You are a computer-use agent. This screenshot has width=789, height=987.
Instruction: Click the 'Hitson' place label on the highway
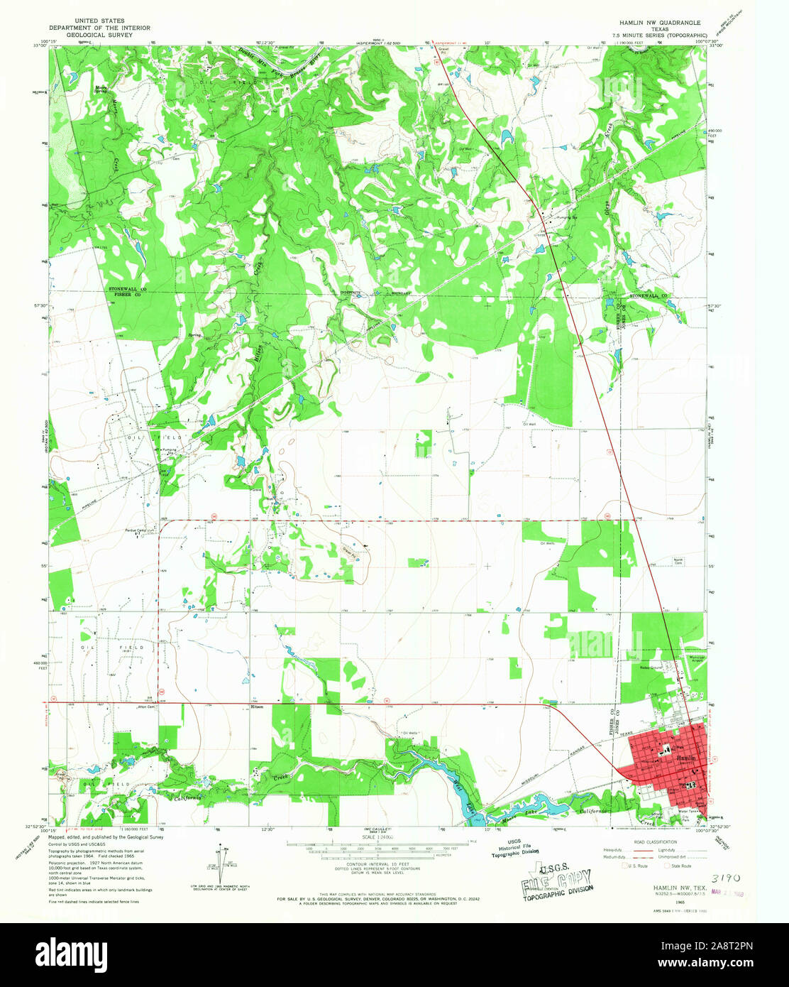pyautogui.click(x=257, y=707)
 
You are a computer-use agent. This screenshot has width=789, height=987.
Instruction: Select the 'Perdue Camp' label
pyautogui.click(x=135, y=530)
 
